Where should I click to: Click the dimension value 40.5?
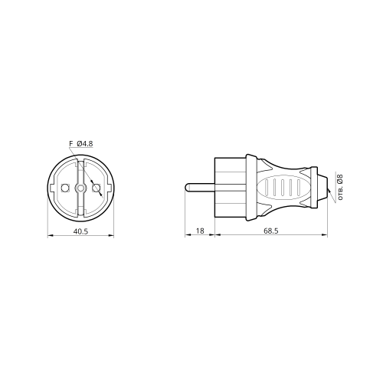click(x=80, y=231)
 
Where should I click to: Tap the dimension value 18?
click(x=200, y=231)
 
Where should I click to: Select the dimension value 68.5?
click(x=271, y=231)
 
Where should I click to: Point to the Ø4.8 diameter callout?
click(x=84, y=144)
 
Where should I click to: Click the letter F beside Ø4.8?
click(x=71, y=144)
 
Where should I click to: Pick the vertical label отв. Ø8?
click(x=340, y=187)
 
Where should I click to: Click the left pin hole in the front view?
click(x=65, y=188)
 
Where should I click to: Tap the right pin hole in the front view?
click(x=97, y=188)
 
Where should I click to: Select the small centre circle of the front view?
click(x=80, y=188)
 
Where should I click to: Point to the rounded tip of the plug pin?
click(x=187, y=188)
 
